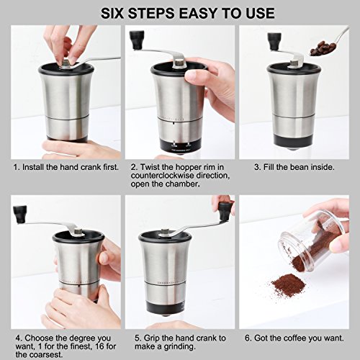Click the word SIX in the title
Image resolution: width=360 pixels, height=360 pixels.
(112, 13)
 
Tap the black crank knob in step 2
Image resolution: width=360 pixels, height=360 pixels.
(137, 40)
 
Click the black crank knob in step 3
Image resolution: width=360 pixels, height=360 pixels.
(273, 41)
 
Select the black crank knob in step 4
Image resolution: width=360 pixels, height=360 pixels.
(20, 214)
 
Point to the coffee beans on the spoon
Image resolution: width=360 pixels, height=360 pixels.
(322, 48)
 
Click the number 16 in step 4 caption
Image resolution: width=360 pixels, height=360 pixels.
(100, 346)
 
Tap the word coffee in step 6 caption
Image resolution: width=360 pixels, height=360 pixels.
(294, 338)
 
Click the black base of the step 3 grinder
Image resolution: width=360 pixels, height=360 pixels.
(294, 141)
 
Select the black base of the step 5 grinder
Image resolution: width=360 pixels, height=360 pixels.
(166, 306)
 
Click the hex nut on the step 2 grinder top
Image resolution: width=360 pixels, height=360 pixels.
(179, 63)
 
